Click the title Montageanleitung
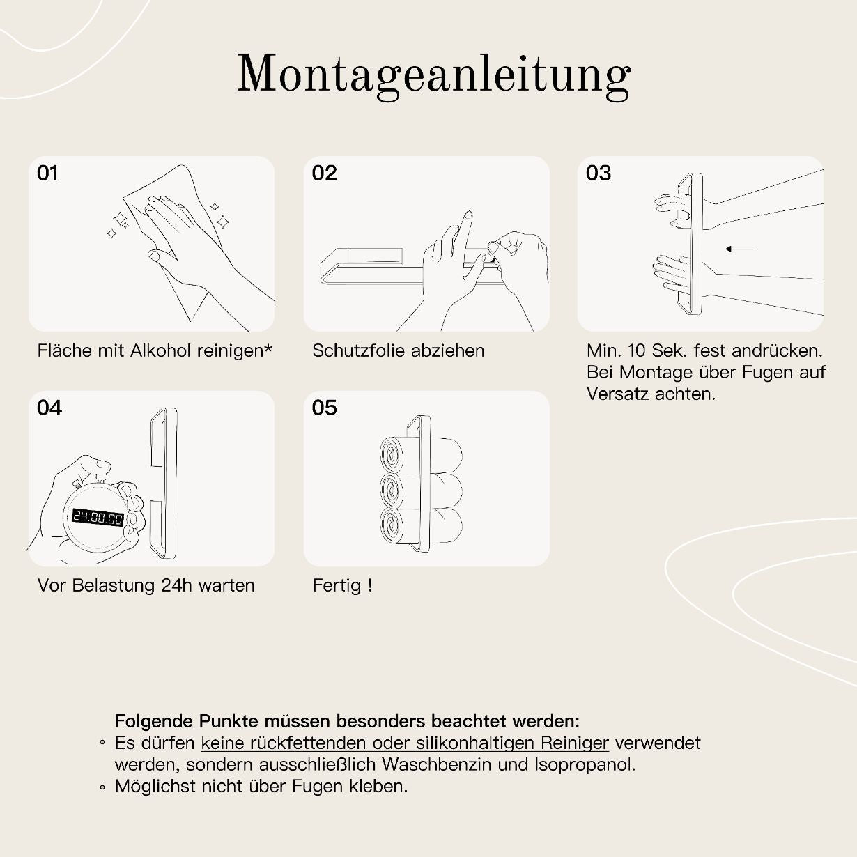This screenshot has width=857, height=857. tap(433, 74)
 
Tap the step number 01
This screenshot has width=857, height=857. tap(47, 173)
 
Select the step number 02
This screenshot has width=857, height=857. tap(324, 173)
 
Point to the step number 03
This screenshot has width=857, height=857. tap(598, 173)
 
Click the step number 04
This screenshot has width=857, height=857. tap(49, 408)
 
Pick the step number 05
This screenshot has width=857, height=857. tap(324, 408)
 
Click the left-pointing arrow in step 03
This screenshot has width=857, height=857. tap(739, 249)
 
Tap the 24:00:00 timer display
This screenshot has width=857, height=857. tap(98, 518)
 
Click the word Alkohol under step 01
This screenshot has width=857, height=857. tap(160, 350)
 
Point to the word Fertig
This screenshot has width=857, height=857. tap(337, 586)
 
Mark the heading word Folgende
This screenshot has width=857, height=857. tap(153, 720)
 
